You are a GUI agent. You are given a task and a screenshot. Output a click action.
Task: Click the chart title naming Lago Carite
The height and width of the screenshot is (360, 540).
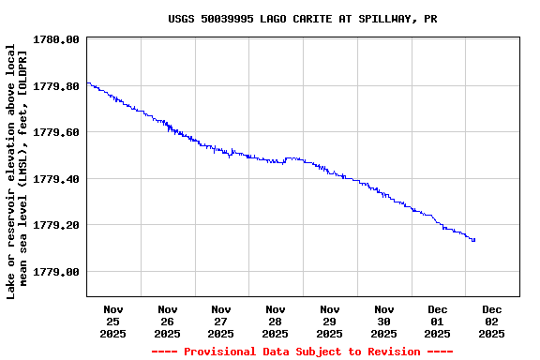[302, 19]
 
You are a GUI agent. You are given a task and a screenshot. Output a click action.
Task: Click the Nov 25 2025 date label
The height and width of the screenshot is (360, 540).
[113, 321]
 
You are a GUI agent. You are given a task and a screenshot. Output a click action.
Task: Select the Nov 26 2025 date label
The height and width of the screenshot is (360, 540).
[168, 321]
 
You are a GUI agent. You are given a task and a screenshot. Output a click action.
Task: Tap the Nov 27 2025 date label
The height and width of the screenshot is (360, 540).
[221, 321]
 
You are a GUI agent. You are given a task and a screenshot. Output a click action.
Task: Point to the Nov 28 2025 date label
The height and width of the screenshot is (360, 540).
[276, 321]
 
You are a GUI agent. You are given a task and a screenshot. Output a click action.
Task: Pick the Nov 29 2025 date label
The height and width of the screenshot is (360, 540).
[330, 321]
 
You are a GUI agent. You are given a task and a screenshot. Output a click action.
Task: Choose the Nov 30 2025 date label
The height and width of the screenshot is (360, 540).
[383, 321]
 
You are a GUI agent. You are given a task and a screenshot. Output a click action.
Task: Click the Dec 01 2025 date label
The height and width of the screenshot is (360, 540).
[438, 321]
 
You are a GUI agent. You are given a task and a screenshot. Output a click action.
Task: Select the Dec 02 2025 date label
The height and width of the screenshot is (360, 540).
[492, 321]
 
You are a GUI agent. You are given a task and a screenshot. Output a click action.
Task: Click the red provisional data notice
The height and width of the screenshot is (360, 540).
[302, 352]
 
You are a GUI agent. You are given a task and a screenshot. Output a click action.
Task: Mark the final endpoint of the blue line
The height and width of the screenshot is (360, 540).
[474, 240]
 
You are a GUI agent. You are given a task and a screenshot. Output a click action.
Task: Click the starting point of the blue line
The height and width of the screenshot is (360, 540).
[87, 82]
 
